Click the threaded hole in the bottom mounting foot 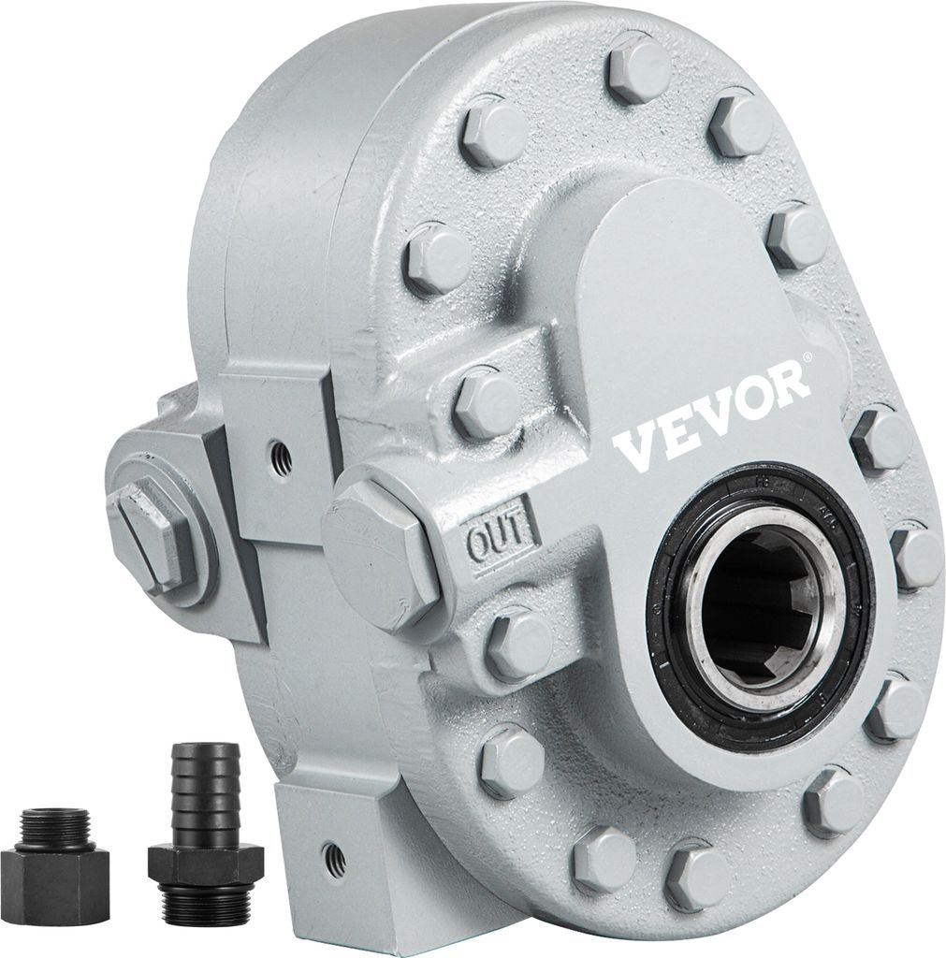pos(328,853)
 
